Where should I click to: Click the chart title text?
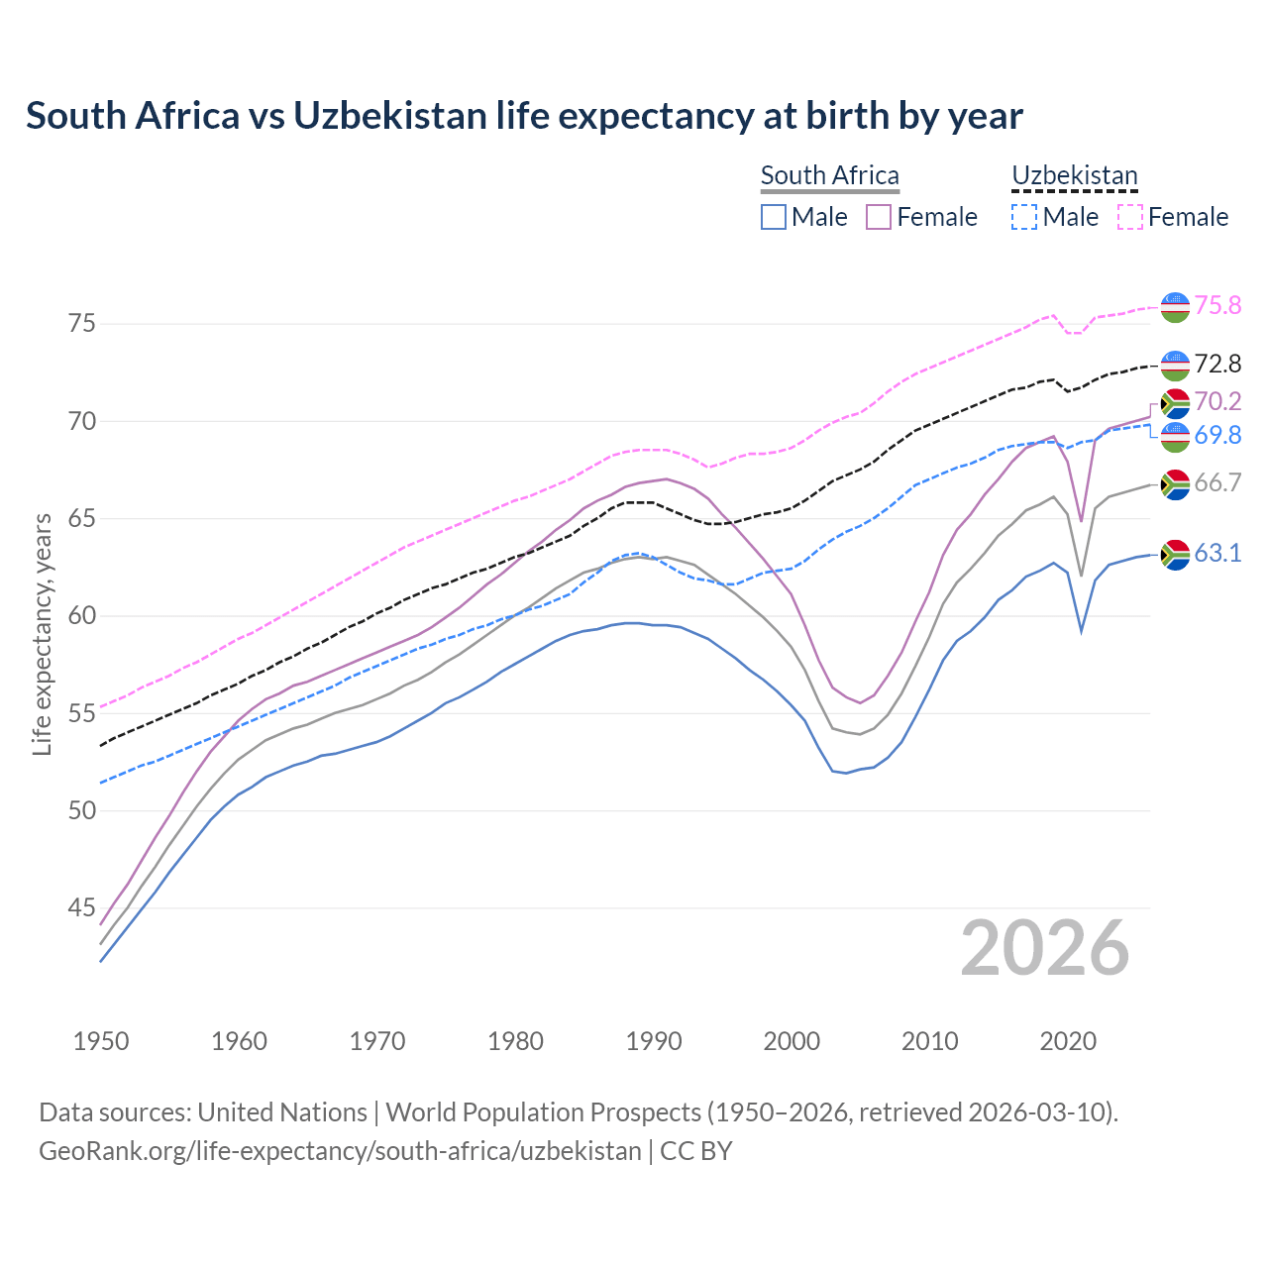click(524, 116)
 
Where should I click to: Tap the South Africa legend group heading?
click(829, 175)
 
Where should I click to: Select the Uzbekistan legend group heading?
click(1074, 175)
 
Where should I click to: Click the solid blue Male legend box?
click(774, 217)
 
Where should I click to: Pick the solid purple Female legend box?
click(879, 217)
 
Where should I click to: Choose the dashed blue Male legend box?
click(1024, 217)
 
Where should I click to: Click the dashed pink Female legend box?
click(1129, 217)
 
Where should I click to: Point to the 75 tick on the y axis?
click(82, 324)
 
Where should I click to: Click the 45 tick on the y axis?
click(82, 908)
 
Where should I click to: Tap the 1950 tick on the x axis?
click(101, 1041)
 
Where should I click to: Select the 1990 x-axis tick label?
click(654, 1041)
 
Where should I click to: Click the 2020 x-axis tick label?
click(1068, 1041)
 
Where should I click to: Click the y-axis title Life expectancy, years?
click(42, 634)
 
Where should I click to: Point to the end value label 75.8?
click(1217, 305)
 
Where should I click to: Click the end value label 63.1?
click(1217, 553)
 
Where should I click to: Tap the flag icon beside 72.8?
click(1175, 366)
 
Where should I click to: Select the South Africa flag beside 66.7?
click(1175, 483)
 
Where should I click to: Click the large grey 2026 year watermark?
click(1044, 948)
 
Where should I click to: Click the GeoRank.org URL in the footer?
click(340, 1151)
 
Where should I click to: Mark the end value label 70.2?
click(1217, 401)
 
